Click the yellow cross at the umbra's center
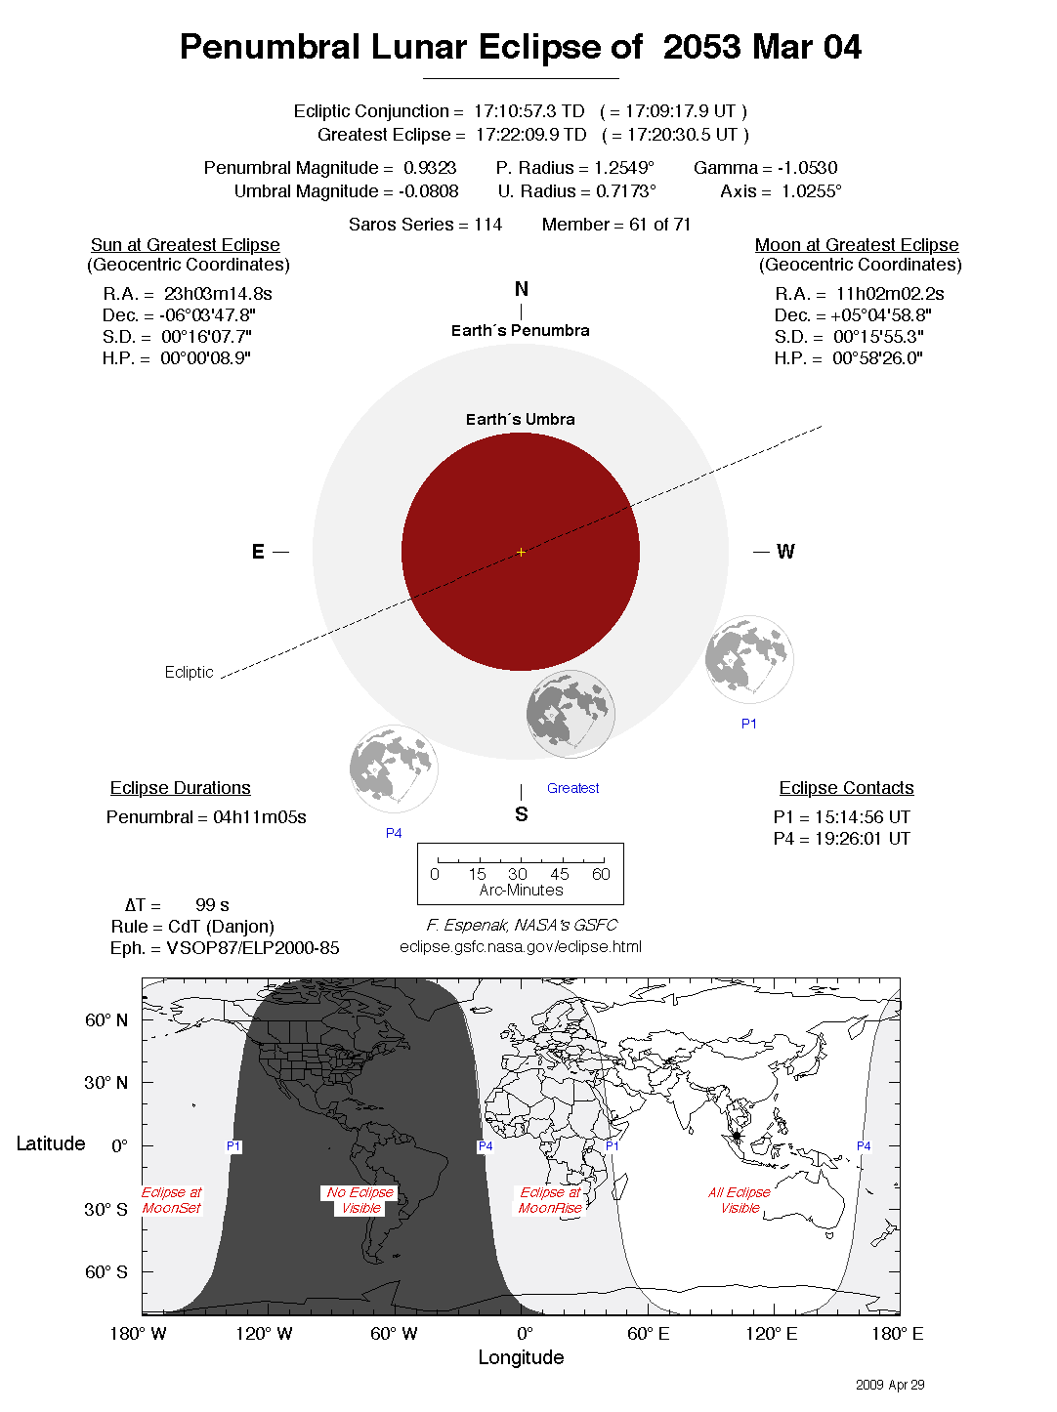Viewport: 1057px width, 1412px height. click(521, 552)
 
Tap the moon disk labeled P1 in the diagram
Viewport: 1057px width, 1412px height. click(749, 659)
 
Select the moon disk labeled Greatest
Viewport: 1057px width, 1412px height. click(570, 714)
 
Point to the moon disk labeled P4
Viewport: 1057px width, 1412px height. click(394, 768)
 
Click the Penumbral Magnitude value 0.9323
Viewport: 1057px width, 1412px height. click(430, 168)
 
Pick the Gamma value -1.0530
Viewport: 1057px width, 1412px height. click(807, 168)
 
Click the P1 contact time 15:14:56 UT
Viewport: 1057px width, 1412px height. click(862, 817)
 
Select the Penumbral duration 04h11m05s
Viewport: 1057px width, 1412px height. click(259, 817)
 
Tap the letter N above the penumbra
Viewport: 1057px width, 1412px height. click(521, 289)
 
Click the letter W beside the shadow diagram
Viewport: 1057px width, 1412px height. click(785, 552)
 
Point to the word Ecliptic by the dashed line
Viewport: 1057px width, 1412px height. click(189, 672)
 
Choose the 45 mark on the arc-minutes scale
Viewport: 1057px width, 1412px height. click(559, 874)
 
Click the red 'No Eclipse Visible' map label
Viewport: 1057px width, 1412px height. click(359, 1200)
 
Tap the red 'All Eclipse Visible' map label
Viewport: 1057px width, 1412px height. click(740, 1200)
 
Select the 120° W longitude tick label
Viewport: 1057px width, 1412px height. click(264, 1334)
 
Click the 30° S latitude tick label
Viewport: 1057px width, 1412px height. click(106, 1209)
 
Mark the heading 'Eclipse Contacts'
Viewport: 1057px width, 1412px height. click(846, 788)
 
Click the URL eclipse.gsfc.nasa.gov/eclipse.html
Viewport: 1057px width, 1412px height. click(521, 947)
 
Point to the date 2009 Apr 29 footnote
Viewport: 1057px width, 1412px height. click(890, 1385)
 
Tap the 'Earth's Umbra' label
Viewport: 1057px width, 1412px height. click(521, 420)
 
